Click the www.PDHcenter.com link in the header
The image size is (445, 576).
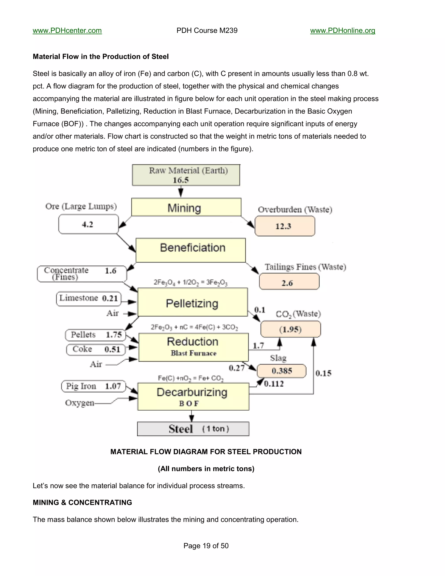click(67, 31)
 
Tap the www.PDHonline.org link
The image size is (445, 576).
click(342, 31)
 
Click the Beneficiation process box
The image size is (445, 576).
click(191, 250)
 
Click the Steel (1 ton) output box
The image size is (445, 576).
click(193, 429)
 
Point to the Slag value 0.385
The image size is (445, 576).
click(282, 371)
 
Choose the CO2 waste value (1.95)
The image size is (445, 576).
click(291, 329)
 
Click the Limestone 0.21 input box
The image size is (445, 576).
click(89, 299)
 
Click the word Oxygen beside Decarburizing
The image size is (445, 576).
click(80, 403)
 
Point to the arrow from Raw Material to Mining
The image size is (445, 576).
click(181, 192)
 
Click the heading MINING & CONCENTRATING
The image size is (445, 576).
click(82, 502)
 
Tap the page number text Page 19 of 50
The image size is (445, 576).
click(206, 546)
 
